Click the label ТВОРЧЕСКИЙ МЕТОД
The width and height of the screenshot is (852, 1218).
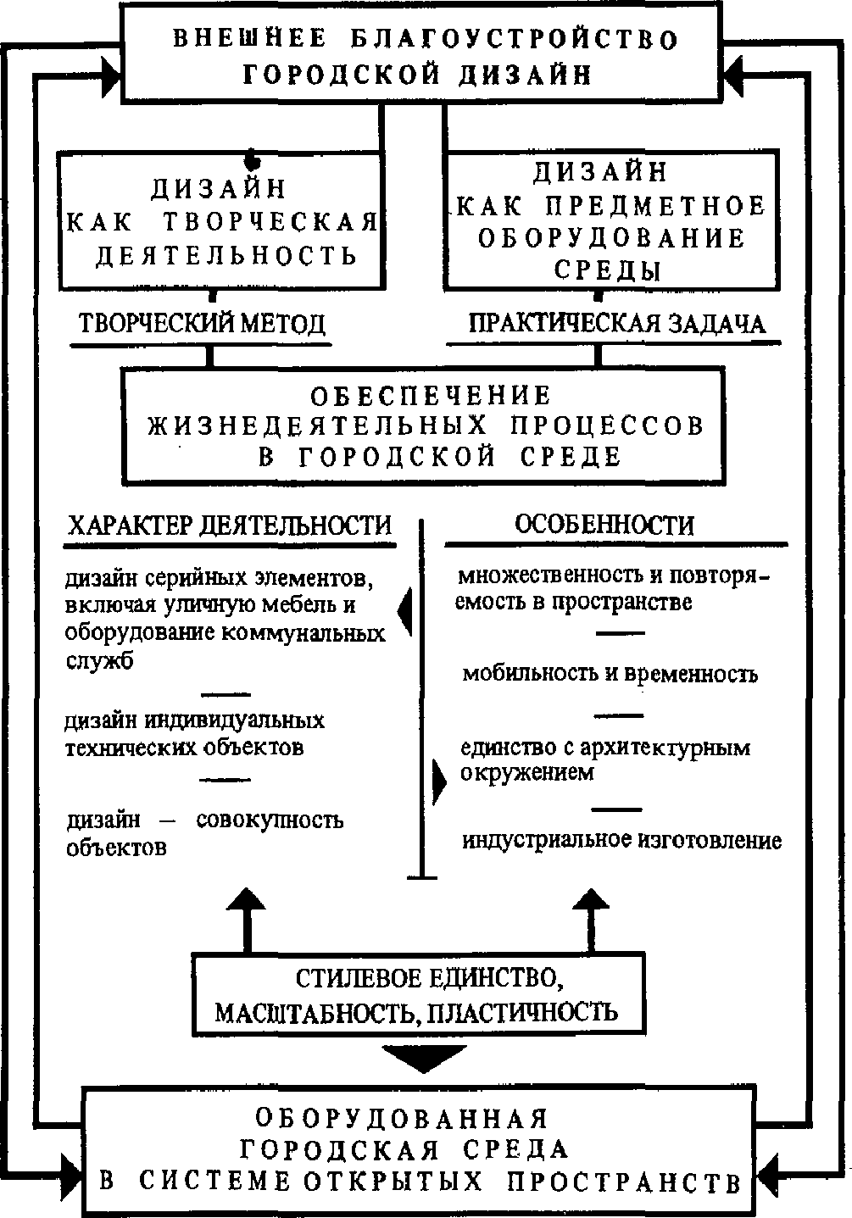(202, 324)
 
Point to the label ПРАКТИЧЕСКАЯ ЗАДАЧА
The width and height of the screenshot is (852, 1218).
(617, 324)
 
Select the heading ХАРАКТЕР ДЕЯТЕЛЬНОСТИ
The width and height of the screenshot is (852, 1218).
(229, 525)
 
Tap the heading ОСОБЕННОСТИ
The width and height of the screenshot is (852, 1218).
(604, 525)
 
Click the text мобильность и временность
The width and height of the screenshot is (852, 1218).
(610, 674)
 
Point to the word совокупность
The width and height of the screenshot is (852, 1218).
(270, 820)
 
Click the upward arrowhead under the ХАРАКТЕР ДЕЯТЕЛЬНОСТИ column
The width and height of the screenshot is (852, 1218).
(247, 901)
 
